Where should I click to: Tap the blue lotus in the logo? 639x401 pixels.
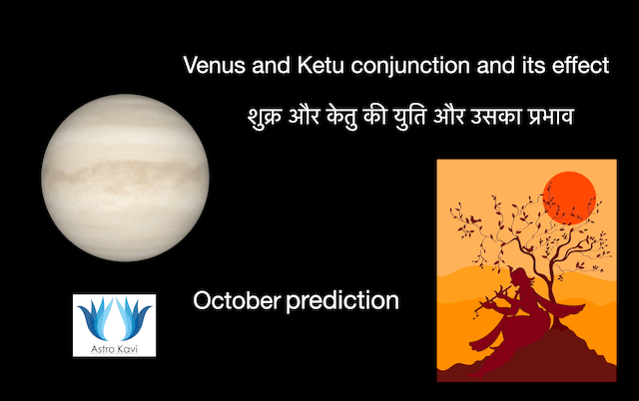click(x=115, y=318)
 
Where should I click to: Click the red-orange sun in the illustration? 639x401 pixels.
click(x=569, y=194)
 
